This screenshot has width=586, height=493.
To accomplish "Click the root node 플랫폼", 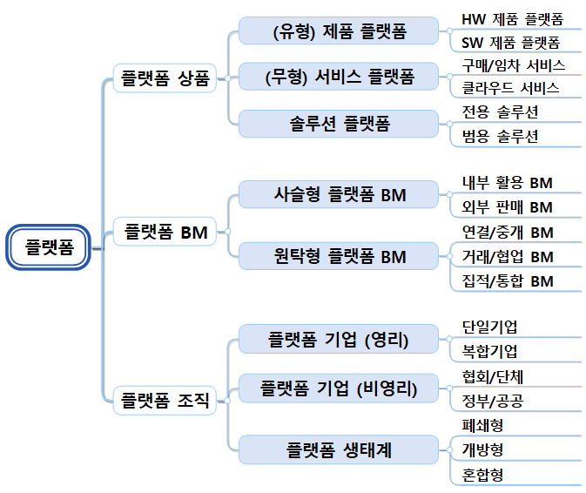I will (x=50, y=248).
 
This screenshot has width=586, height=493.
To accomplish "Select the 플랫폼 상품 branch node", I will (x=165, y=78).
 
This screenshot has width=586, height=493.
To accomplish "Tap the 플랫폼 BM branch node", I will (x=165, y=232).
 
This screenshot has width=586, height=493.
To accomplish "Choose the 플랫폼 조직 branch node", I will (x=165, y=401).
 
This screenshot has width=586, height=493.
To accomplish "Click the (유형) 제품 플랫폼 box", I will (x=339, y=31).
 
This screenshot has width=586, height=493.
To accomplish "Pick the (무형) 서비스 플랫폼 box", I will (x=339, y=78).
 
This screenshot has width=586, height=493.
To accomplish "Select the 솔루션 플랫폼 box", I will (x=339, y=124).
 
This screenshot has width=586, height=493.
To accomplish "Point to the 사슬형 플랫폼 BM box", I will (x=339, y=194).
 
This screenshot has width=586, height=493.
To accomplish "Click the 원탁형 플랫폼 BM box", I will (x=339, y=256).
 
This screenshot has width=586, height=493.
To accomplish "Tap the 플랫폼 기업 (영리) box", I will (x=339, y=339).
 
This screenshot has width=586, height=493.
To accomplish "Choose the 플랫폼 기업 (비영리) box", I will (x=339, y=388).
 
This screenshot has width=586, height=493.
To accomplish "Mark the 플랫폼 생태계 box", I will (x=339, y=449).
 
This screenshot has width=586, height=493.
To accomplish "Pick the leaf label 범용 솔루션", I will (x=501, y=136).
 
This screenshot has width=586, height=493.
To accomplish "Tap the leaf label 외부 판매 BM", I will (x=508, y=206).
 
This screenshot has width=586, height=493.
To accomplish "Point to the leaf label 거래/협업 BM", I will (x=508, y=256).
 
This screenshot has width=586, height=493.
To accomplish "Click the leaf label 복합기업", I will (x=489, y=351).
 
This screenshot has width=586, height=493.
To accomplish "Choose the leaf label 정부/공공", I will (x=492, y=400).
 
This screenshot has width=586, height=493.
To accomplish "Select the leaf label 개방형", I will (x=483, y=449).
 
